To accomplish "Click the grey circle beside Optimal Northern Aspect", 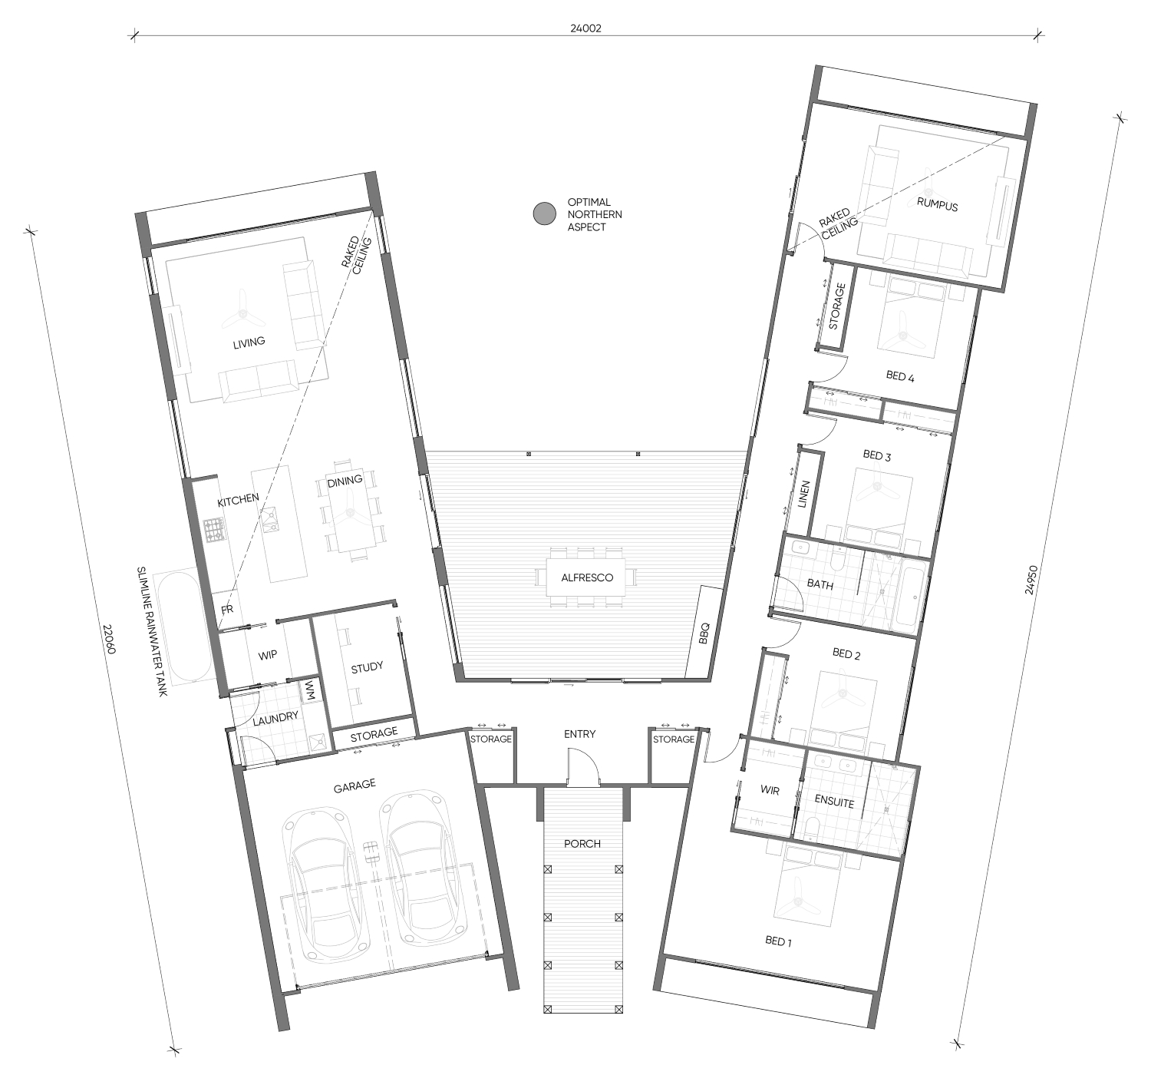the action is [x=544, y=213].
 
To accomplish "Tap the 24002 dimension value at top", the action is [x=585, y=28].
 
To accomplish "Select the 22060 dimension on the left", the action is [x=109, y=639].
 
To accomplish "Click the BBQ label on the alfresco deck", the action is [x=704, y=633].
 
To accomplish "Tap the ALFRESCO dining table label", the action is [x=586, y=578].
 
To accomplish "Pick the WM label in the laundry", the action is [x=309, y=691].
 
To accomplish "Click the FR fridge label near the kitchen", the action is [x=226, y=609].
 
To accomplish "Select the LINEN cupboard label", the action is [x=804, y=495].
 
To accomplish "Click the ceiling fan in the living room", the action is [x=243, y=313].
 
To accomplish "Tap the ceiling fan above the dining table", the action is [x=349, y=511].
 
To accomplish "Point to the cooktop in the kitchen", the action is [x=214, y=531].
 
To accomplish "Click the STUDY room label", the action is [x=367, y=667].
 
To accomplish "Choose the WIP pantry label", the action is [x=267, y=655].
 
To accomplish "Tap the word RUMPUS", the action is [x=937, y=204].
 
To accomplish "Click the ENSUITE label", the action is [x=834, y=802].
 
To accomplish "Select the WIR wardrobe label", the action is [x=770, y=789].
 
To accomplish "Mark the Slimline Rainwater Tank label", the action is [x=152, y=631].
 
